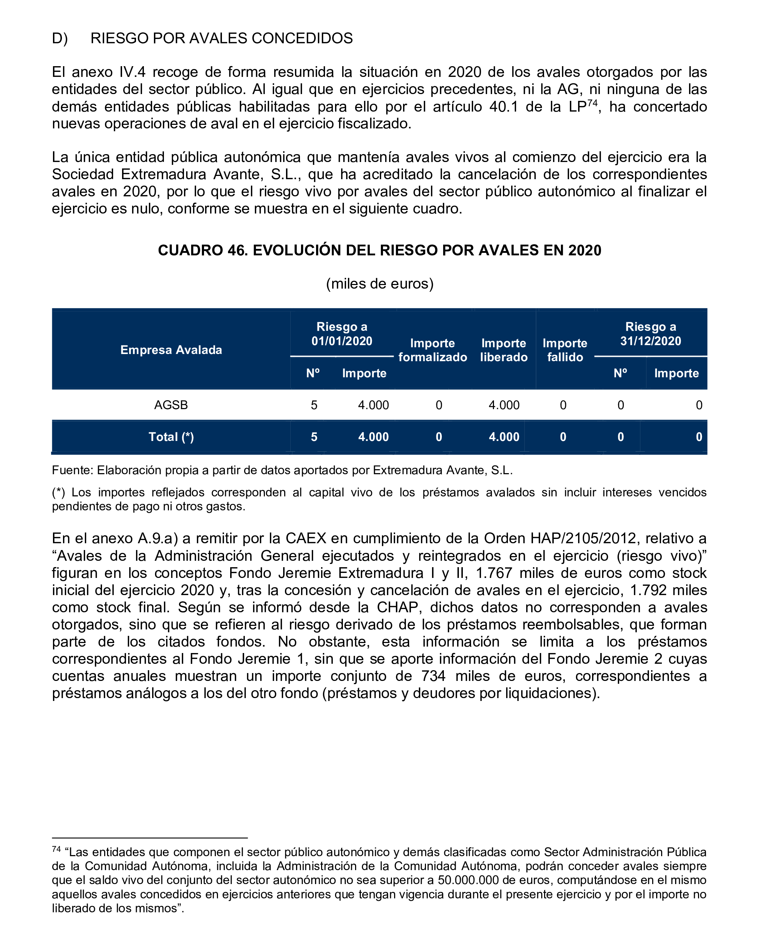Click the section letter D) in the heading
coord(60,38)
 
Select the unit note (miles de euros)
coord(380,284)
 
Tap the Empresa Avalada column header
coord(171,350)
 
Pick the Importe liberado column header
coord(504,350)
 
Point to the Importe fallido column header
coord(565,350)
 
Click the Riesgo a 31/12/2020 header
coord(650,334)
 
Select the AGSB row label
coord(171,405)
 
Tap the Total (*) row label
coord(171,437)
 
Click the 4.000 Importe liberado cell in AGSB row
coord(504,405)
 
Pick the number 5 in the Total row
coord(314,437)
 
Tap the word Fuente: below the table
coord(72,470)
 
